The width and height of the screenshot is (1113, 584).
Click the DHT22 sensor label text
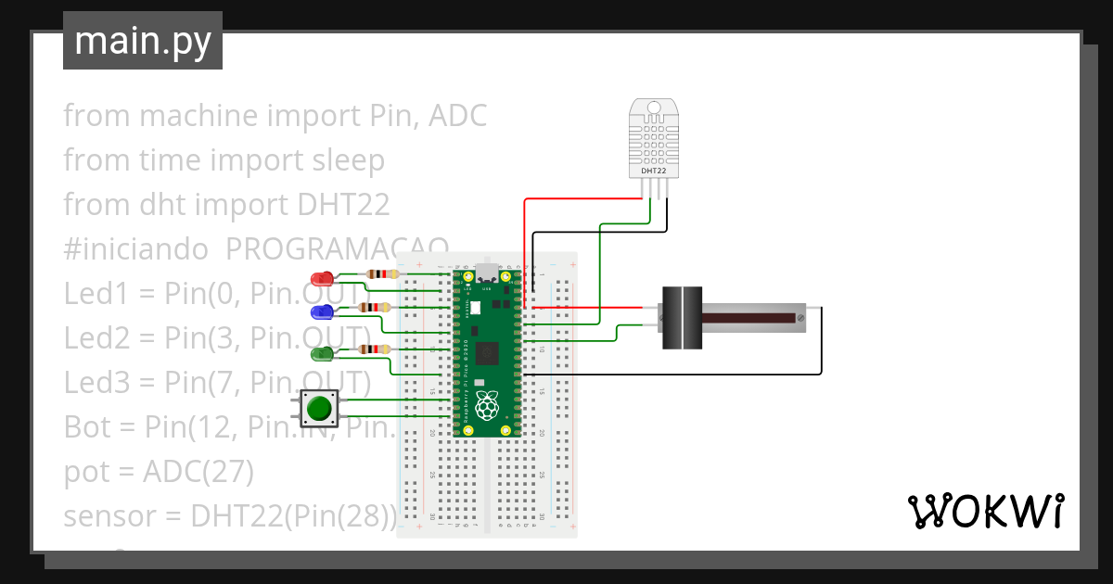click(653, 171)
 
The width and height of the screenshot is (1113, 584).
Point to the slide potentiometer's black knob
click(684, 318)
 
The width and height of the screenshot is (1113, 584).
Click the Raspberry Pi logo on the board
click(485, 405)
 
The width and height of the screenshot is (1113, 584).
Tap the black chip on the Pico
click(485, 354)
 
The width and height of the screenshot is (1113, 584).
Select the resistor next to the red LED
click(381, 274)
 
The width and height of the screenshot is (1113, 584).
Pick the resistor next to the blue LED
click(375, 307)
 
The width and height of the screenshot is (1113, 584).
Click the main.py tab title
click(143, 41)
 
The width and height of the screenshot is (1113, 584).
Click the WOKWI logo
click(984, 511)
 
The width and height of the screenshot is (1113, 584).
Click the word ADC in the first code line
click(457, 116)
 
